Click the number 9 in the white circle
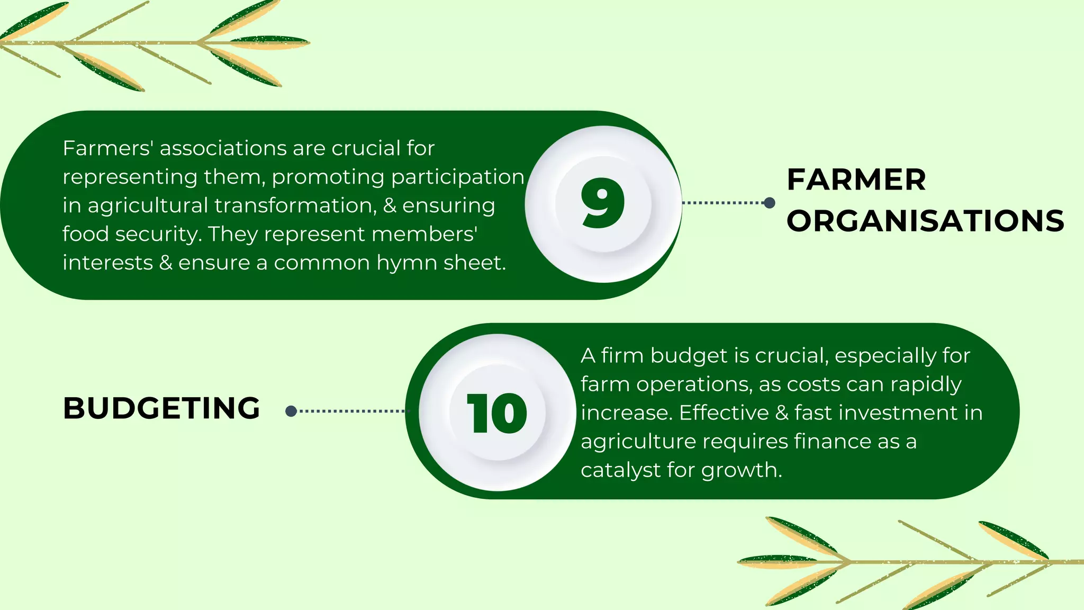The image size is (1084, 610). pyautogui.click(x=602, y=203)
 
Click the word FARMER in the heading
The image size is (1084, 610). pyautogui.click(x=856, y=180)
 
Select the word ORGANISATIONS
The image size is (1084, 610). pyautogui.click(x=925, y=221)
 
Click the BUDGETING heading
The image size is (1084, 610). pyautogui.click(x=161, y=408)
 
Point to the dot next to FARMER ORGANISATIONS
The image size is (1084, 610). pyautogui.click(x=770, y=203)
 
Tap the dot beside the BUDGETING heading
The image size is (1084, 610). pyautogui.click(x=291, y=411)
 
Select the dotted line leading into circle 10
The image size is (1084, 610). pyautogui.click(x=352, y=411)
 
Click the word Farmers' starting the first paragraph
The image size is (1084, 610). pyautogui.click(x=108, y=148)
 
